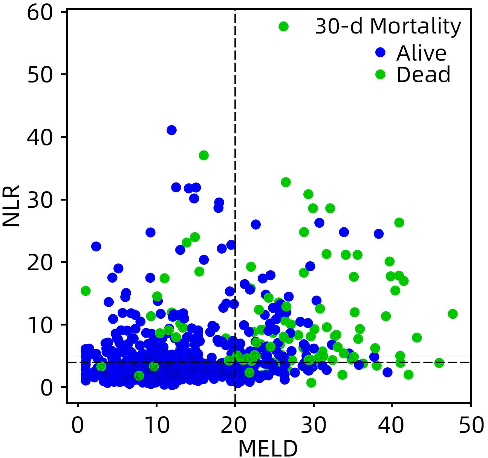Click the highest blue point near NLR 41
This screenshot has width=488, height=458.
coord(171,130)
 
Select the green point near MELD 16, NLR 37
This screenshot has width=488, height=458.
coord(203,155)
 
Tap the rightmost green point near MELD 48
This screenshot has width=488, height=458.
coord(453,314)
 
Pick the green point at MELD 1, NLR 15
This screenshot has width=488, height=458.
coord(86,291)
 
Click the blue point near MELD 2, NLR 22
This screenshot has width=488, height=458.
coord(96,246)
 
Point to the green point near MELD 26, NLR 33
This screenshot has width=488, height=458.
coord(286,182)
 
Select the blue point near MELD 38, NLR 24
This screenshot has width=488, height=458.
coord(378,234)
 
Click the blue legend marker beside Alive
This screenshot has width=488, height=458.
coord(380,53)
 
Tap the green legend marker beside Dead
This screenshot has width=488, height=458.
coord(380,75)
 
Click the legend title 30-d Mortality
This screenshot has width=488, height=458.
coord(388,27)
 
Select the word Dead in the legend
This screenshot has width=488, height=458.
coord(423,75)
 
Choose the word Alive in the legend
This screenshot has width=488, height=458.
coord(421,53)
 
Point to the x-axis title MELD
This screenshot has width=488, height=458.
coord(268,448)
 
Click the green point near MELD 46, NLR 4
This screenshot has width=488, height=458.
coord(439,363)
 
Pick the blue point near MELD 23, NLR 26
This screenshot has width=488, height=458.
coord(255,225)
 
